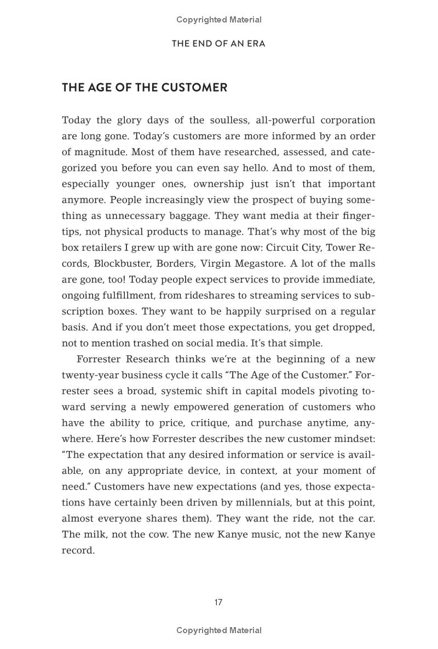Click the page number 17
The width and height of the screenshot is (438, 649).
pyautogui.click(x=218, y=602)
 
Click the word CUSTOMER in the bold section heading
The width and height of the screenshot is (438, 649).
pyautogui.click(x=195, y=88)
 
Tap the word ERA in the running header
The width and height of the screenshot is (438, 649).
pyautogui.click(x=256, y=44)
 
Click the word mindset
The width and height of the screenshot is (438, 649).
pyautogui.click(x=355, y=439)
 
